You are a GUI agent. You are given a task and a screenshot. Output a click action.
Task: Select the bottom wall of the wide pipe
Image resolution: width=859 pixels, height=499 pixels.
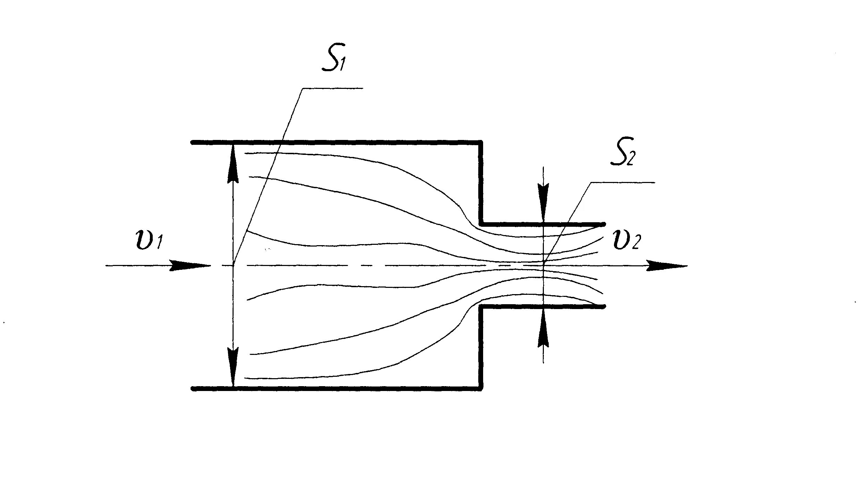point(333,389)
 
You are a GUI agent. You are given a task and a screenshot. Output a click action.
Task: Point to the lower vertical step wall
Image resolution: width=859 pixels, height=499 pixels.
point(481,347)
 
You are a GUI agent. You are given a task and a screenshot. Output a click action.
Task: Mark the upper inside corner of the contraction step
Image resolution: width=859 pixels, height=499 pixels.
point(481,224)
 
